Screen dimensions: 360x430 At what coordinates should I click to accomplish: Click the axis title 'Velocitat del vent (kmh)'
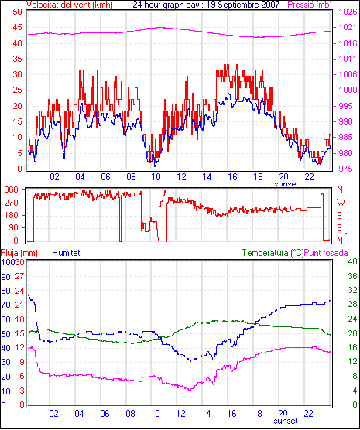pyautogui.click(x=69, y=5)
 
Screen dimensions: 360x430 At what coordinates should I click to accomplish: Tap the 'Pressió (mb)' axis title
pyautogui.click(x=310, y=5)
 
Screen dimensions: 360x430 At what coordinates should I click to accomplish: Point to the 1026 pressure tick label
pyautogui.click(x=348, y=12)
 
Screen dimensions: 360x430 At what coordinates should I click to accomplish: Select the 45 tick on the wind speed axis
pyautogui.click(x=17, y=27)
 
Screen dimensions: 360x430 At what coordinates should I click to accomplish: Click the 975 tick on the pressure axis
pyautogui.click(x=348, y=169)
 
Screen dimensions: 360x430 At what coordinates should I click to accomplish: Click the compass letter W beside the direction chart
pyautogui.click(x=341, y=203)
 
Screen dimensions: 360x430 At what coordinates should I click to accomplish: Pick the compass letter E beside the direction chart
pyautogui.click(x=340, y=228)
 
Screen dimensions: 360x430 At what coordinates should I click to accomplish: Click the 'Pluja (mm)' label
pyautogui.click(x=19, y=253)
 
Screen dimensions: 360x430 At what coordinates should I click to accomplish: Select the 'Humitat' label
pyautogui.click(x=66, y=253)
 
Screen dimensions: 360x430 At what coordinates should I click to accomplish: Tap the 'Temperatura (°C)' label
pyautogui.click(x=273, y=253)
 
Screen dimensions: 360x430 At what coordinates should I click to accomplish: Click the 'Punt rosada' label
pyautogui.click(x=326, y=253)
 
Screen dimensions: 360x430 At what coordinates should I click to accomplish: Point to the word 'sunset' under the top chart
pyautogui.click(x=286, y=184)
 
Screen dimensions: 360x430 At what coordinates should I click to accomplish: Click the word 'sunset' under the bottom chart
pyautogui.click(x=286, y=421)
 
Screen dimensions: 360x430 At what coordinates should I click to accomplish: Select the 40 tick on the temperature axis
pyautogui.click(x=352, y=261)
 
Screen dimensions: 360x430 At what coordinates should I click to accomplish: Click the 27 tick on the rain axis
pyautogui.click(x=19, y=276)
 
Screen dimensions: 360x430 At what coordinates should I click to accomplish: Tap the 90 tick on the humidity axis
pyautogui.click(x=5, y=277)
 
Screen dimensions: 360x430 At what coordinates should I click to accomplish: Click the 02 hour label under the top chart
pyautogui.click(x=54, y=177)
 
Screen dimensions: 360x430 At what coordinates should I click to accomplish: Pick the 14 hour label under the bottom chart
pyautogui.click(x=206, y=414)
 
